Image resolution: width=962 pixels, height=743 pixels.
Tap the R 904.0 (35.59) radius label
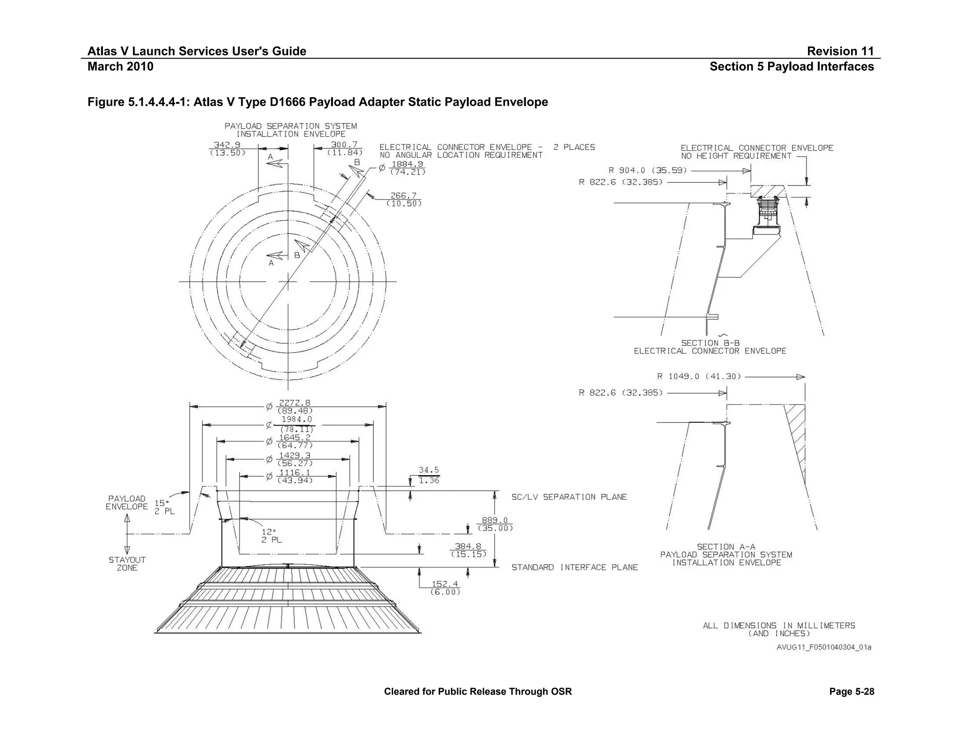[648, 170]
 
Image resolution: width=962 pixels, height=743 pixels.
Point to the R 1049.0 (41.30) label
[699, 376]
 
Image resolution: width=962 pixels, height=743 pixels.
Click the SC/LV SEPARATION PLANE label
[569, 497]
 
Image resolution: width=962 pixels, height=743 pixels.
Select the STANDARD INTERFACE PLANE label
[574, 567]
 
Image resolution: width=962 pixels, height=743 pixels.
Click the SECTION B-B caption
[710, 343]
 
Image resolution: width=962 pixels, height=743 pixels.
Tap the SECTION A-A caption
[726, 547]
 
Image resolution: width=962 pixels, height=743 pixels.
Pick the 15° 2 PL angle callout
[164, 507]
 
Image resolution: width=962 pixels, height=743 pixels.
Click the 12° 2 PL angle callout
[271, 536]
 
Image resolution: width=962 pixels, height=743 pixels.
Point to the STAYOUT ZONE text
[127, 564]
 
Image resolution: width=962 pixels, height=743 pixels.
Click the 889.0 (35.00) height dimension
[495, 524]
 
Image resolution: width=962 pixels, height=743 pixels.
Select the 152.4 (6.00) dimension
[445, 588]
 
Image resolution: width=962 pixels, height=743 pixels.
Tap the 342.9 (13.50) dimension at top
[227, 148]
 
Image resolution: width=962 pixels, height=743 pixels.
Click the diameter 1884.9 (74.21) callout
[407, 168]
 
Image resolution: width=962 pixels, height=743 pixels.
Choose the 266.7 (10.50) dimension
[403, 200]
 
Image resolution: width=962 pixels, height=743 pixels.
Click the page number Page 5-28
[851, 691]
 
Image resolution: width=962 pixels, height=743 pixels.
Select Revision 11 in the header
[840, 51]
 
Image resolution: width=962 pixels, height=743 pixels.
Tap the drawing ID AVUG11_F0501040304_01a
[823, 647]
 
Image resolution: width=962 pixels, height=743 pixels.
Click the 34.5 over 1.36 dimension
[428, 475]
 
